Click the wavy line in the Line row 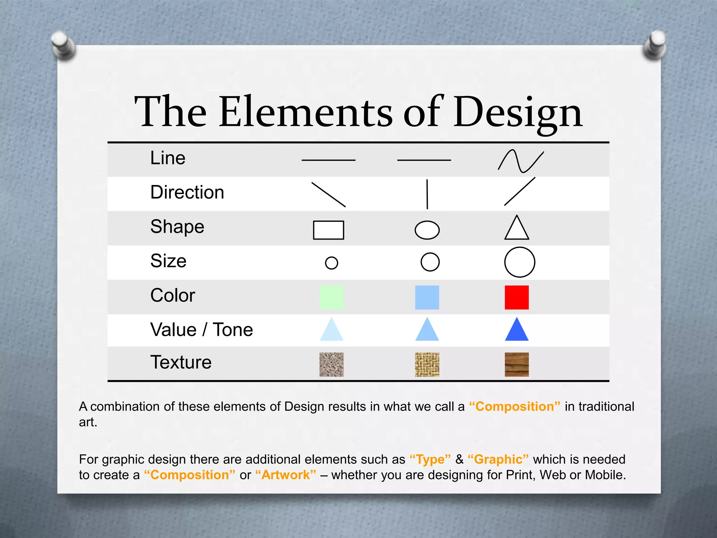(x=521, y=161)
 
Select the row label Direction (x=187, y=192)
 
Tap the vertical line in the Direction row (x=427, y=194)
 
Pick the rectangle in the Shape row (x=328, y=230)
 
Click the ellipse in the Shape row (x=427, y=230)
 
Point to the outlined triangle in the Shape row (x=517, y=229)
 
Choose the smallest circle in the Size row (x=332, y=263)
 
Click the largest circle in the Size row (x=520, y=262)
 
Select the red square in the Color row (x=517, y=297)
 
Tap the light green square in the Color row (x=332, y=297)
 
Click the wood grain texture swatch (x=517, y=365)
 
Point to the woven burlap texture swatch (x=427, y=365)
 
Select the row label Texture (x=181, y=362)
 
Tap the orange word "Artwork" (x=286, y=475)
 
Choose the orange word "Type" (x=430, y=459)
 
